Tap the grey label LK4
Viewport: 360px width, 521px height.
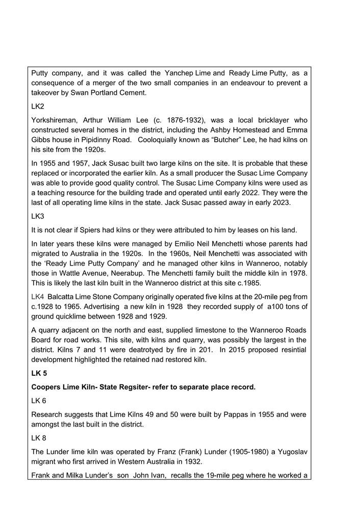[x=38, y=297]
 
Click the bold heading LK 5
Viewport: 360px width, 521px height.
[x=40, y=373]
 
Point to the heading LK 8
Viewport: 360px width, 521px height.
[x=39, y=437]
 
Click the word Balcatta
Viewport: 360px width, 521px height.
[x=63, y=297]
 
